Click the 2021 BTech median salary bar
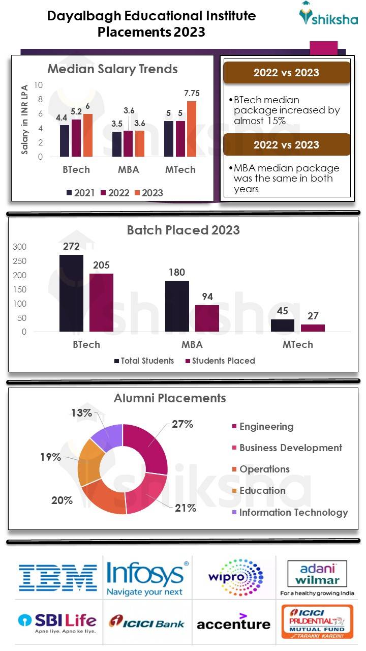coord(65,141)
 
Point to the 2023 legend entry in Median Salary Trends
coord(148,193)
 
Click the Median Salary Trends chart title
coord(112,69)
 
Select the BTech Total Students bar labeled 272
coord(71,293)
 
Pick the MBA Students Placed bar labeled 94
coord(207,318)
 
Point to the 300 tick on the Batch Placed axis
coord(19,247)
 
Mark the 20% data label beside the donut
coord(62,500)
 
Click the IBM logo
coord(58,577)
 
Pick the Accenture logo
coord(233,622)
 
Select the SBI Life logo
coord(57,623)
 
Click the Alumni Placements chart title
coord(170,398)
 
